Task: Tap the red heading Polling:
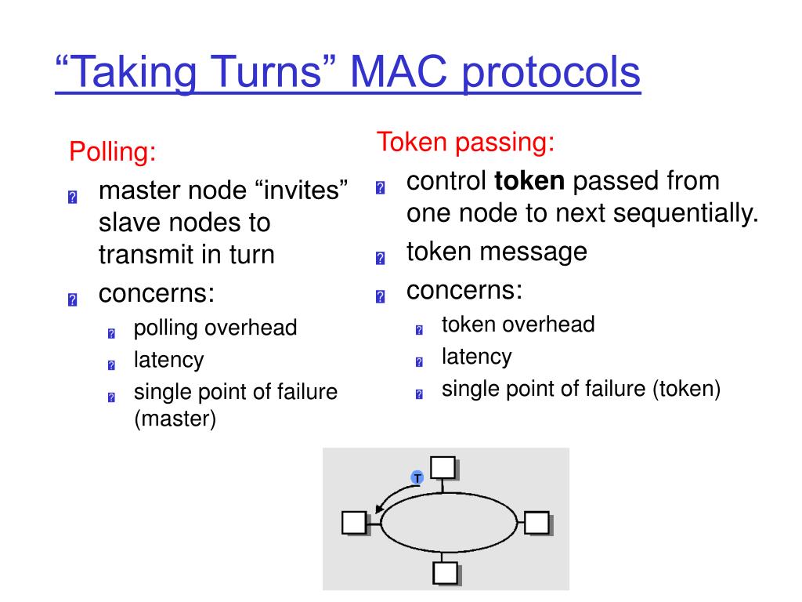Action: [x=113, y=151]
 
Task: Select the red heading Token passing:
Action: [x=466, y=143]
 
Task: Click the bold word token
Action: [x=529, y=182]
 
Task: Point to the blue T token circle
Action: [x=417, y=477]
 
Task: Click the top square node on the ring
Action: [x=443, y=467]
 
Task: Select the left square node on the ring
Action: [x=354, y=522]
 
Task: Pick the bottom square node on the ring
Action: [x=445, y=574]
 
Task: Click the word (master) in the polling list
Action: [x=175, y=419]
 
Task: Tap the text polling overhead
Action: [x=215, y=328]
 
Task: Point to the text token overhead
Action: [x=518, y=325]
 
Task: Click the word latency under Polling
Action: [x=168, y=360]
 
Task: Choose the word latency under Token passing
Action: [x=477, y=357]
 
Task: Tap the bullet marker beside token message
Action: [x=381, y=257]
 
